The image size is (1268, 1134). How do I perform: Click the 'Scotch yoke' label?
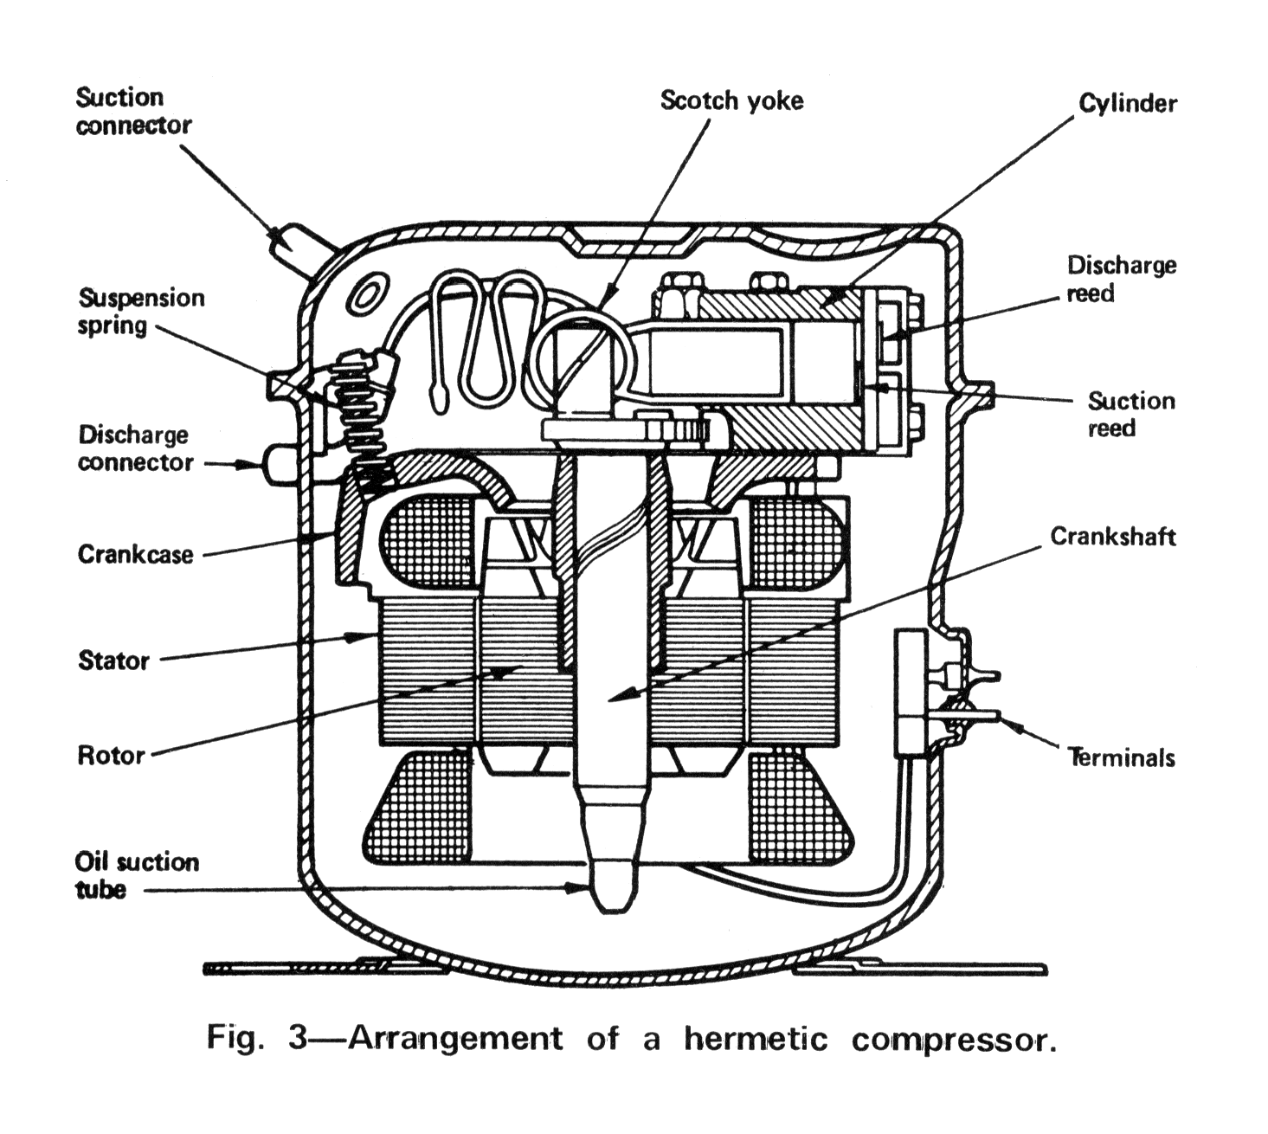[731, 100]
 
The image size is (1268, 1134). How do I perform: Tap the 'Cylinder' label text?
[1127, 104]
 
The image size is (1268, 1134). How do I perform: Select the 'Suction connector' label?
[132, 111]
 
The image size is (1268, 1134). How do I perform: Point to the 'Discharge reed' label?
[1121, 279]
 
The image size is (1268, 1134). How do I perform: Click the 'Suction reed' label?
[1130, 414]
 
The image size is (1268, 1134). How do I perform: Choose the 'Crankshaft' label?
[1112, 537]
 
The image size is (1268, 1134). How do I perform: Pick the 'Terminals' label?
[1122, 758]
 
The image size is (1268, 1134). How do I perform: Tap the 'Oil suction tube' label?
[137, 875]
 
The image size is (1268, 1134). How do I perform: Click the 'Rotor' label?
[111, 756]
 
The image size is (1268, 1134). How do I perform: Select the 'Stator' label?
[113, 661]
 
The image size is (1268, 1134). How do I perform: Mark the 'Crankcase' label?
[135, 554]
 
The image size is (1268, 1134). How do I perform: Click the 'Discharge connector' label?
[135, 448]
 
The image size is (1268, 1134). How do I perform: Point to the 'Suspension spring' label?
[141, 312]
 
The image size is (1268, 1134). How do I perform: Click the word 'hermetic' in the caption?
[755, 1038]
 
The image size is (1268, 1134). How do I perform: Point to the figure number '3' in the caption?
[298, 1037]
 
